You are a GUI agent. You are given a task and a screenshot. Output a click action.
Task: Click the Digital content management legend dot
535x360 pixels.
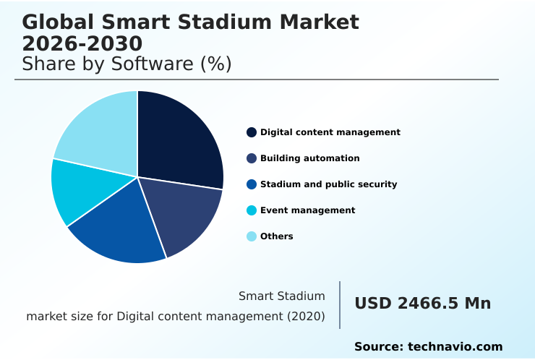[252, 132]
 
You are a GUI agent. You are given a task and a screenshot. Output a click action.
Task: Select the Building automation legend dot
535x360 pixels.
[252, 158]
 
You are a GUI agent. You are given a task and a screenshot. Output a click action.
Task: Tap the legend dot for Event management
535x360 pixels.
[252, 210]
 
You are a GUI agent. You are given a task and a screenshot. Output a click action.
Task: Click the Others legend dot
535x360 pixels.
[252, 236]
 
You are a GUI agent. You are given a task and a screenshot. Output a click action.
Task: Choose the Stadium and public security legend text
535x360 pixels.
[328, 184]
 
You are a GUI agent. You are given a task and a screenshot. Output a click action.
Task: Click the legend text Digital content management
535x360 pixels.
[330, 132]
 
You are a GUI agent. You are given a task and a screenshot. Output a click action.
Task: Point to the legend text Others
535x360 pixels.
[276, 236]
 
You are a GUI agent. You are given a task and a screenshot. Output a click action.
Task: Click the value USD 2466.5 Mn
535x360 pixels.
[422, 304]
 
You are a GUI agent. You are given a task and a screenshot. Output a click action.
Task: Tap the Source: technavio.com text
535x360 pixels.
[428, 347]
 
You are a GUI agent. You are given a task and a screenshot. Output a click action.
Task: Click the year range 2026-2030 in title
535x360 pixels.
[82, 45]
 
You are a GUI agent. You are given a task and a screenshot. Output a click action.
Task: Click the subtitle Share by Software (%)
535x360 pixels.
[127, 64]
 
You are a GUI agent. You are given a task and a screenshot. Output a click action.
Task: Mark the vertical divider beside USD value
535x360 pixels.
[340, 305]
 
